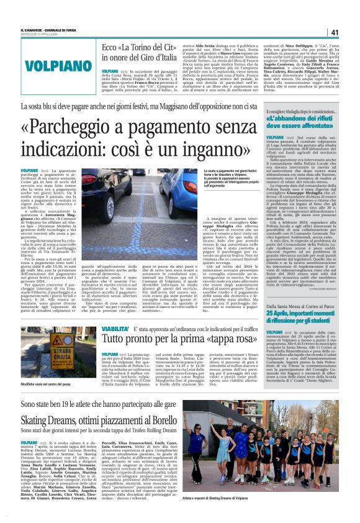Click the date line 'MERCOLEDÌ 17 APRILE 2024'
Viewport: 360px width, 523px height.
(x=38, y=35)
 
